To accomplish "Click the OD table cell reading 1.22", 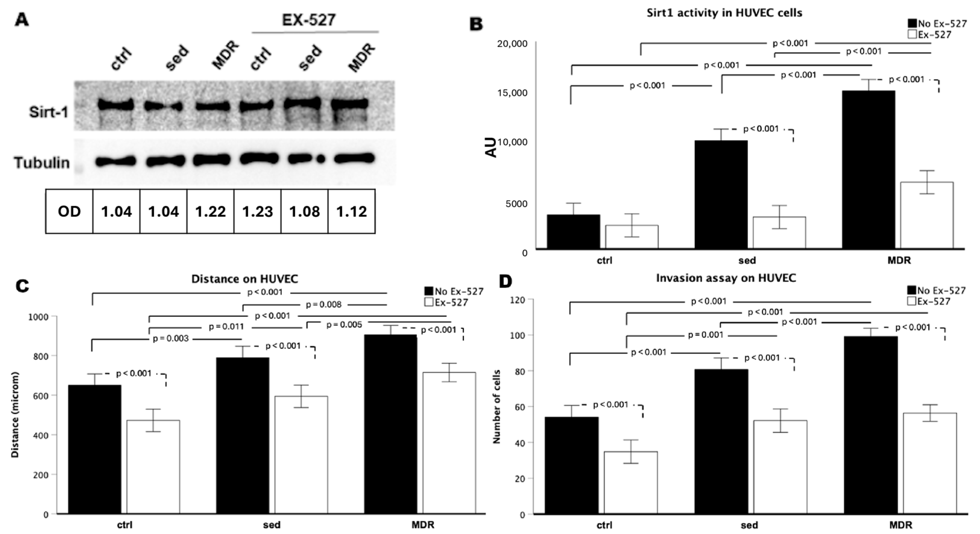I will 210,212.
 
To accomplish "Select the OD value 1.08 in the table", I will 304,212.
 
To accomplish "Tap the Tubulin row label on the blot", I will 42,163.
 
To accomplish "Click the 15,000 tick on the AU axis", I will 512,93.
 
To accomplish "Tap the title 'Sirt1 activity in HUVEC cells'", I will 724,13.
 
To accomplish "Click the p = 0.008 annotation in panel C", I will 323,305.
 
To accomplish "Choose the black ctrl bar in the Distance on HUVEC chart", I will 95,449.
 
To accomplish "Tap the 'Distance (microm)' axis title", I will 15,415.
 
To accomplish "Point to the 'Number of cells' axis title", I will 496,406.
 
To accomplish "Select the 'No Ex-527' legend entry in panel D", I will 937,291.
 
